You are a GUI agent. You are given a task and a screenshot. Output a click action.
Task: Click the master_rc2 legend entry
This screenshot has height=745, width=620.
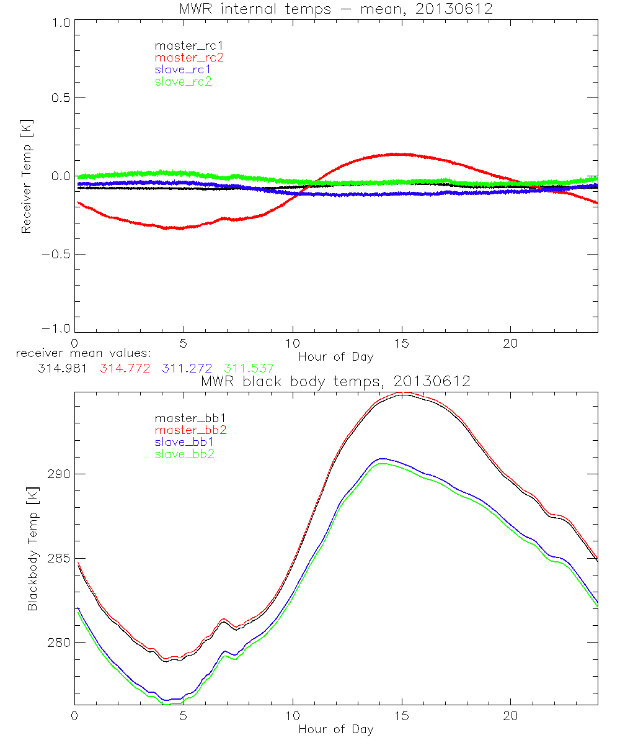[x=188, y=58]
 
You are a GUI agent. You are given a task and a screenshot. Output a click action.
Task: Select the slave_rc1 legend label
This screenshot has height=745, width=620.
[x=183, y=70]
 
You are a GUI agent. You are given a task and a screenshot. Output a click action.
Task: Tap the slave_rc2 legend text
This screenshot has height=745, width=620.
[x=183, y=81]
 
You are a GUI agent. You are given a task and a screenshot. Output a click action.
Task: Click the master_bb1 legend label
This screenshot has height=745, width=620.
[x=188, y=419]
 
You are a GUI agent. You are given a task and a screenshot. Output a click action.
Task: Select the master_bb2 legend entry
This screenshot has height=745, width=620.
[x=188, y=431]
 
